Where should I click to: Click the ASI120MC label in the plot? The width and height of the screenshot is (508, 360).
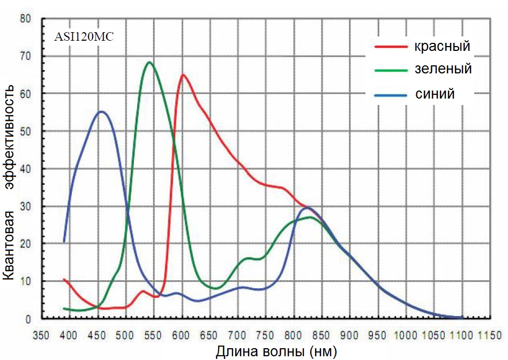point(84,37)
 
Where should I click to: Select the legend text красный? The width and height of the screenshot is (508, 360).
point(442,46)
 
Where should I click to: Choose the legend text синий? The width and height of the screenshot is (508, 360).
point(435,93)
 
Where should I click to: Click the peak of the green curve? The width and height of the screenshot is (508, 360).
point(150,62)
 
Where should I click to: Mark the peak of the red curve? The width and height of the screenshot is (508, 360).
point(183,74)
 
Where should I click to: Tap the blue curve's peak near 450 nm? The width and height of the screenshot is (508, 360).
point(101,111)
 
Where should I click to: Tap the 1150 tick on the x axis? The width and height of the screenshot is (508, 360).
point(489,336)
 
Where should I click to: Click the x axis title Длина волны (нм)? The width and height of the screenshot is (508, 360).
point(276,352)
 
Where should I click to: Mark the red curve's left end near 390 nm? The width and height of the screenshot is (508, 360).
point(64,279)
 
